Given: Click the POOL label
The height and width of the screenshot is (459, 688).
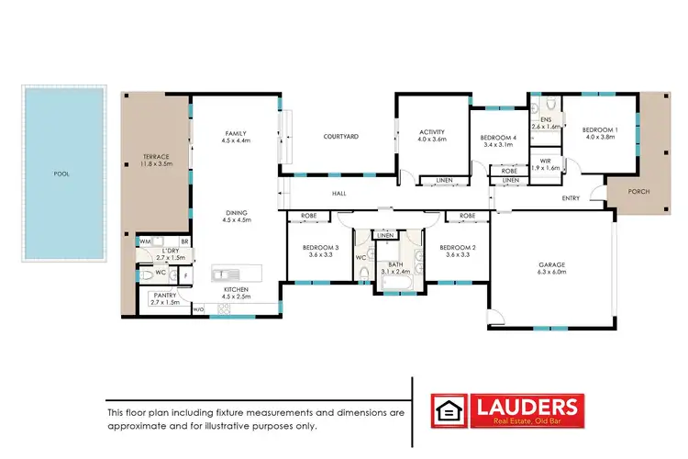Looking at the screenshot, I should click(x=61, y=174).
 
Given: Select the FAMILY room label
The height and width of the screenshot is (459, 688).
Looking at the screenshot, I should click(x=236, y=137).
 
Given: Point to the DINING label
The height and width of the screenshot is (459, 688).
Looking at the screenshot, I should click(x=236, y=215).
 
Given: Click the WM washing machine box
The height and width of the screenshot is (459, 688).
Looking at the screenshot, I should click(x=144, y=241).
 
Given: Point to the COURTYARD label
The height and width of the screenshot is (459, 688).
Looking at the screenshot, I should click(x=340, y=137).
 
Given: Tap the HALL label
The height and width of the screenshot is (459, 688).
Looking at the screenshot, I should click(x=338, y=193).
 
